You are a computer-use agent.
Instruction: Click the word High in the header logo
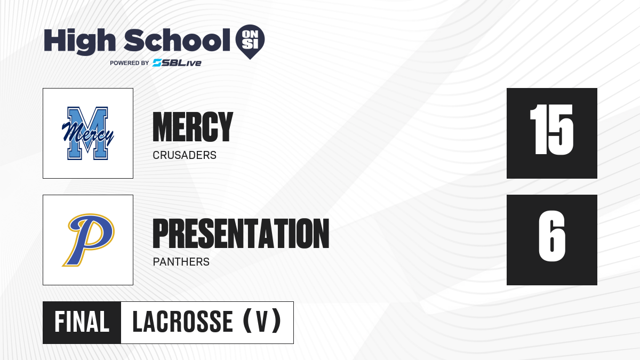click(79, 41)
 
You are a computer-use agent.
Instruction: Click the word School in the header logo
click(177, 41)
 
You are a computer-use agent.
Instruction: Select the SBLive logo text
click(177, 63)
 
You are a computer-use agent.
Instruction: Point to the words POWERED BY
click(130, 63)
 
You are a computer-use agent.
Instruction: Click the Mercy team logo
click(87, 133)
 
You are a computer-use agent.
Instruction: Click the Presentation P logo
click(89, 240)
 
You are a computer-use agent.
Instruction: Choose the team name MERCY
click(193, 127)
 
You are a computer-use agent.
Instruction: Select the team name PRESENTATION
click(241, 234)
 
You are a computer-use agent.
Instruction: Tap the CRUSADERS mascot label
click(185, 155)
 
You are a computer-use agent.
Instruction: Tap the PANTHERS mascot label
click(181, 262)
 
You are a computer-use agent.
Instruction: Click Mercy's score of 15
click(551, 130)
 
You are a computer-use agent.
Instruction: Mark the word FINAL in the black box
click(82, 322)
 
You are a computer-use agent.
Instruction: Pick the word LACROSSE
click(182, 322)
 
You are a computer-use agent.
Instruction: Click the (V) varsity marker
click(262, 322)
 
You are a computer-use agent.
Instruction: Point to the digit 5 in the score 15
click(561, 130)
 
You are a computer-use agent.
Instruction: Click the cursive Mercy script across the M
click(87, 133)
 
